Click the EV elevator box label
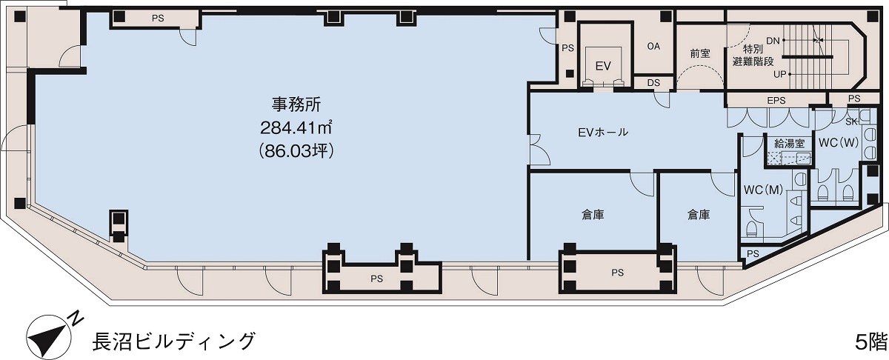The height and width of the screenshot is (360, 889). [x=603, y=66]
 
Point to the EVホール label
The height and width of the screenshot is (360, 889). [x=603, y=133]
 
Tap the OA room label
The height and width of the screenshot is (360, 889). [x=653, y=46]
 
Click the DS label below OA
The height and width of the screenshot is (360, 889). [x=653, y=83]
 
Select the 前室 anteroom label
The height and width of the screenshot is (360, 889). [x=699, y=53]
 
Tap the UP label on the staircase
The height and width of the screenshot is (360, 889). [x=779, y=74]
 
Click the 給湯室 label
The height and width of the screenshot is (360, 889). [x=789, y=142]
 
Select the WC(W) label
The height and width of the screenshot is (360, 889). [x=838, y=142]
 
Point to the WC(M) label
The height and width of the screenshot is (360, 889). [x=762, y=190]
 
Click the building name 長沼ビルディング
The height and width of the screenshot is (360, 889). [x=173, y=341]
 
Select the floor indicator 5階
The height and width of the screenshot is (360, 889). [x=870, y=341]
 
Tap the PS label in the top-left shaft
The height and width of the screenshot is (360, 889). [x=158, y=19]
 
